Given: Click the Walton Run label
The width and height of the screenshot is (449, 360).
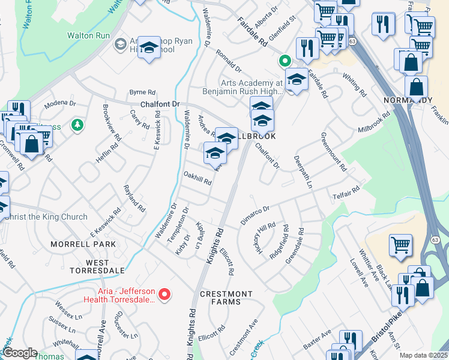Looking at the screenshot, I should (88, 36).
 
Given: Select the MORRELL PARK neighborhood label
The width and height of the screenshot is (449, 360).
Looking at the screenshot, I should (83, 245).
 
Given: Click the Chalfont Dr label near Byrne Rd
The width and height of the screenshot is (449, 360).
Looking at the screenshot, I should (160, 104).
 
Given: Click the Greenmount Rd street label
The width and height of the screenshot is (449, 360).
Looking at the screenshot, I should (333, 152).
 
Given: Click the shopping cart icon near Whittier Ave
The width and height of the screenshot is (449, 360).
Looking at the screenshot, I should (400, 244).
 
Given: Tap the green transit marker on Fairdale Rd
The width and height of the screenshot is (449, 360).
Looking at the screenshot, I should (284, 61).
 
